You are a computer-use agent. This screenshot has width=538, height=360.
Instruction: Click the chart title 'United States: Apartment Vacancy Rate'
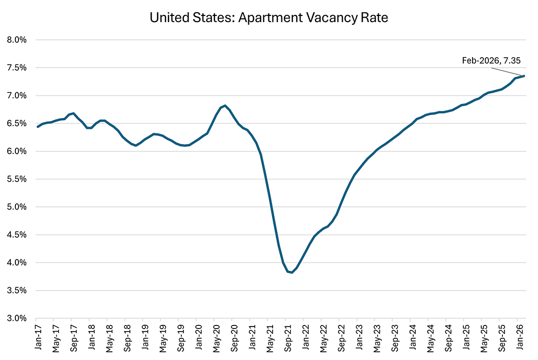click(268, 18)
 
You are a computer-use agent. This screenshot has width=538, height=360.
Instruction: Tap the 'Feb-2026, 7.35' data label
click(491, 60)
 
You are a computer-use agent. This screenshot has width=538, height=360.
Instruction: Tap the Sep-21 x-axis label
click(287, 338)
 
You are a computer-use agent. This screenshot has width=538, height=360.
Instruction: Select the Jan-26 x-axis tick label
click(518, 338)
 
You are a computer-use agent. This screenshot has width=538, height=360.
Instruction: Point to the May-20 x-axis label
click(216, 338)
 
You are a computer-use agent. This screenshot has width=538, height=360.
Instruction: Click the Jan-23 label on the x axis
click(358, 338)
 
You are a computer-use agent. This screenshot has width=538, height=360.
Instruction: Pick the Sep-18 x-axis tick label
click(127, 338)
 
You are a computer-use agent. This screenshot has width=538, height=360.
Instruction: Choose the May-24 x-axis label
click(429, 338)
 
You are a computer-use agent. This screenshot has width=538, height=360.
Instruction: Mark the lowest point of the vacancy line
click(292, 272)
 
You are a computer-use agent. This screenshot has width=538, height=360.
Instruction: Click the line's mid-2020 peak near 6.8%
click(225, 106)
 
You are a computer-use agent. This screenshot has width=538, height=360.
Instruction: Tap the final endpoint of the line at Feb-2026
click(524, 76)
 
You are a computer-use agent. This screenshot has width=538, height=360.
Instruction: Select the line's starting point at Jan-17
click(38, 126)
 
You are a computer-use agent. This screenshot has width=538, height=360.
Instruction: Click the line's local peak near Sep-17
click(74, 113)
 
